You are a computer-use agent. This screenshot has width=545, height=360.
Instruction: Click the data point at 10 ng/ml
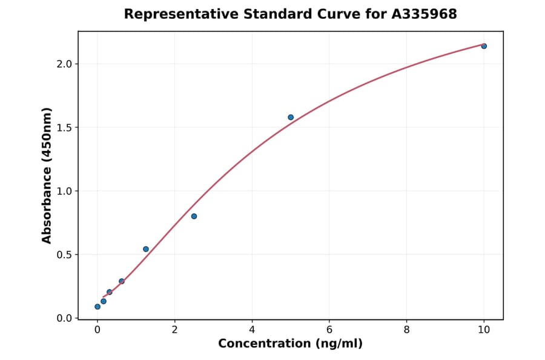click(484, 46)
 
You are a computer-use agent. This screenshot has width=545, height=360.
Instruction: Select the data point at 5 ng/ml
click(291, 117)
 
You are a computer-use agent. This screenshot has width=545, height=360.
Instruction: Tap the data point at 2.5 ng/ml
click(194, 216)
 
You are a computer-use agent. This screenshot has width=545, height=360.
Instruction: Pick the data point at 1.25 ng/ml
click(146, 249)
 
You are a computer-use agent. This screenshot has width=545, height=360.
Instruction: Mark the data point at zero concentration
click(97, 307)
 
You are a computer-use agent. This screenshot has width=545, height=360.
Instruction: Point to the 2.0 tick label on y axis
click(64, 64)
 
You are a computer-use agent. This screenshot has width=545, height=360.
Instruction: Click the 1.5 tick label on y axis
click(64, 128)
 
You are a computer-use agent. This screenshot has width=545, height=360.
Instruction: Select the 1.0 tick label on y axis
click(64, 192)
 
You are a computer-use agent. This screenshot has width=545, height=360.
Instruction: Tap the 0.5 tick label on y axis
click(64, 255)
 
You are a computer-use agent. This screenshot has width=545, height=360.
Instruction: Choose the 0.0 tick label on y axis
click(64, 318)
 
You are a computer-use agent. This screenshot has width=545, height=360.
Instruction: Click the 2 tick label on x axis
click(175, 330)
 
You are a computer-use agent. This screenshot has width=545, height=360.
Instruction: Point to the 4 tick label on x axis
click(252, 330)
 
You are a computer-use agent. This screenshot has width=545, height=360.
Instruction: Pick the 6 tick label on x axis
click(329, 330)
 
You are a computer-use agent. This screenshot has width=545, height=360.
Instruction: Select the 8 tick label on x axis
click(406, 330)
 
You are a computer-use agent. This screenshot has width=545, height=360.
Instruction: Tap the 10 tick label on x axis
click(484, 330)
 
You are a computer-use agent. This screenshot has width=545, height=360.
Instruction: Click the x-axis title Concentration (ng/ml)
click(291, 344)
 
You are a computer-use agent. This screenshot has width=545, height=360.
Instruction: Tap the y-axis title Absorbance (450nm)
click(47, 176)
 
